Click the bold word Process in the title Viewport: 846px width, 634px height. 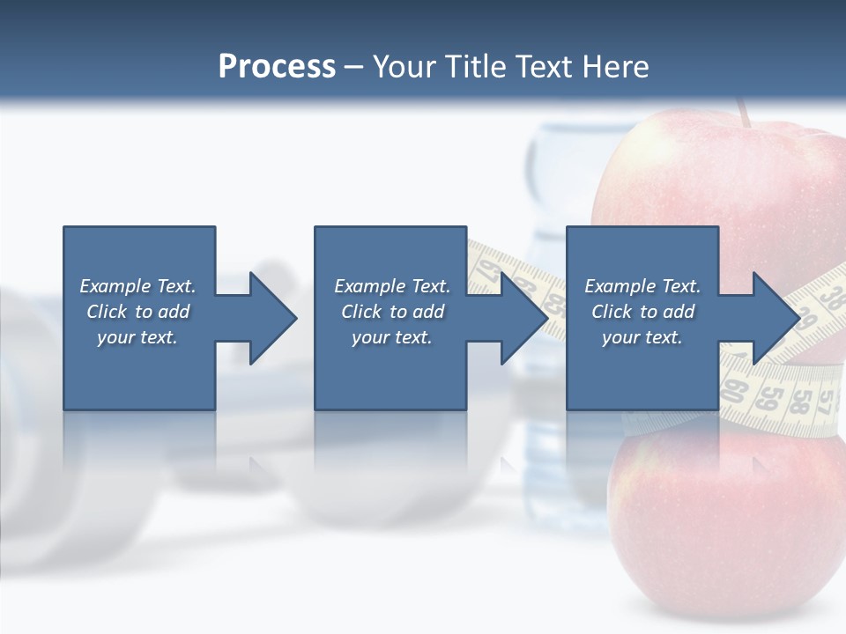(x=277, y=67)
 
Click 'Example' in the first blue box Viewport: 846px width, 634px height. (x=115, y=286)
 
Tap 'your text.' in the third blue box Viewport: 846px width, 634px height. (x=642, y=337)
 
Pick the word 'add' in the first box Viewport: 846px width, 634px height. (x=174, y=312)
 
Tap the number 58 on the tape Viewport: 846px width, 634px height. (x=800, y=401)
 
